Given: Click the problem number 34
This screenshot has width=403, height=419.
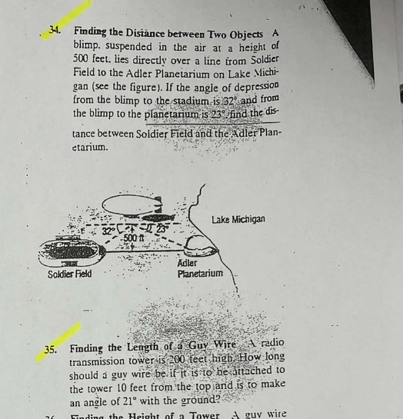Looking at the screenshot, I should click(55, 30).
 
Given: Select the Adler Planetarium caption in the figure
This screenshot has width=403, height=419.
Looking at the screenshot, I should click(199, 268).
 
